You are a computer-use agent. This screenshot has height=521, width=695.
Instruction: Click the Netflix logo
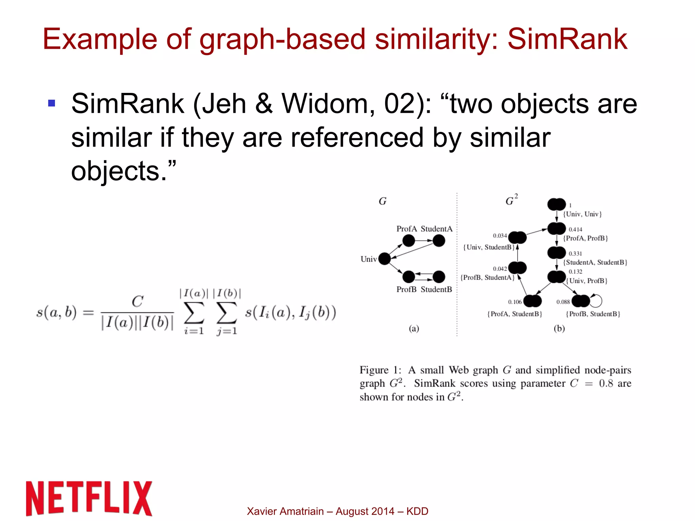(x=89, y=498)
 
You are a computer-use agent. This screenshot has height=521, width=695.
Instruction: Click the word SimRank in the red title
(x=567, y=39)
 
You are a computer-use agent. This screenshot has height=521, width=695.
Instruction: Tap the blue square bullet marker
(x=52, y=103)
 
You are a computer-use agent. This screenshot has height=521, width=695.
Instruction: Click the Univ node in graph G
(x=384, y=259)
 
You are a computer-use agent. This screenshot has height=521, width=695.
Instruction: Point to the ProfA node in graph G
(x=409, y=241)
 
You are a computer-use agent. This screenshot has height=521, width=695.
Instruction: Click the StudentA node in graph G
(x=439, y=241)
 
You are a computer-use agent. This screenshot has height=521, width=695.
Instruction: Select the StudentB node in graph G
(x=439, y=277)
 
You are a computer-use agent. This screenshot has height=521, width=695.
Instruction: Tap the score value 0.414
(x=575, y=229)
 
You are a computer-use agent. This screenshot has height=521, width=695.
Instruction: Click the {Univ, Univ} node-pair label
(x=582, y=214)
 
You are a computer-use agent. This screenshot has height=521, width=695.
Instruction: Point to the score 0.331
(x=575, y=254)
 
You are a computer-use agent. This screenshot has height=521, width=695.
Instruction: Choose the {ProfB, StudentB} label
(x=593, y=314)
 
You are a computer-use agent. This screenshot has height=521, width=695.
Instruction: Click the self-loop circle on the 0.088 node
(x=596, y=301)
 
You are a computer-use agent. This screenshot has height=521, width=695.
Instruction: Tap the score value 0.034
(x=500, y=236)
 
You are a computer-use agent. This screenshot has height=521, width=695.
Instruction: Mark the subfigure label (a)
(x=414, y=328)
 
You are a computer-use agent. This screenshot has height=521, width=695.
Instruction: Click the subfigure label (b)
(x=559, y=328)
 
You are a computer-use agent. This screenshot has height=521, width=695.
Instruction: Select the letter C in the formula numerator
(x=137, y=301)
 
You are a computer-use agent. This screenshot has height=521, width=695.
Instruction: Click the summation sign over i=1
(x=194, y=313)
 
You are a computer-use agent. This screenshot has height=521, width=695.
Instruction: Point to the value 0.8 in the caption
(x=606, y=383)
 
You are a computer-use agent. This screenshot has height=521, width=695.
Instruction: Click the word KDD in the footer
(x=417, y=511)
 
